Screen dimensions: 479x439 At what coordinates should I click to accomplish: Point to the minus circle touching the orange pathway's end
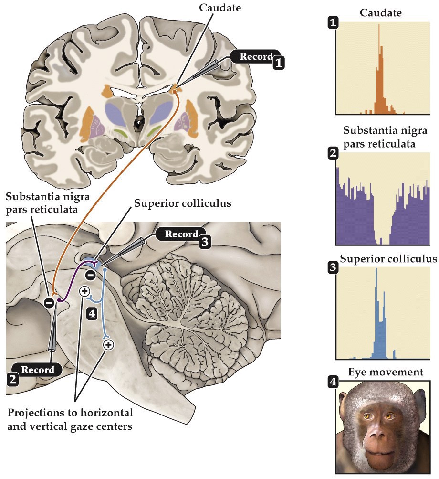pos(49,302)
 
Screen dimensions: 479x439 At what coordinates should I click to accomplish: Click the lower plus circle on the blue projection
pos(108,344)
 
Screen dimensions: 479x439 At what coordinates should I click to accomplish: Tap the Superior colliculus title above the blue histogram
pos(388,259)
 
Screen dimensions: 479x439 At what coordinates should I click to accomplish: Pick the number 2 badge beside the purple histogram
pos(332,154)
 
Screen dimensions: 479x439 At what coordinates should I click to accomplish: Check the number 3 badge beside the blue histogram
pos(332,268)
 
